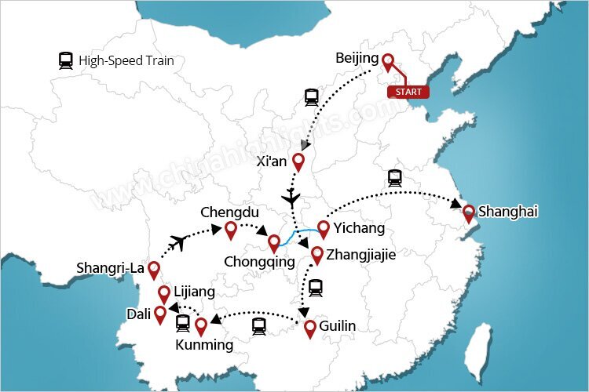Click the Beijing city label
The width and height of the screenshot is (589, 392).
(357, 59)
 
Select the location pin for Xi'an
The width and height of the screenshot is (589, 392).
(298, 162)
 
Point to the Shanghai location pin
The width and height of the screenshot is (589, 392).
(469, 212)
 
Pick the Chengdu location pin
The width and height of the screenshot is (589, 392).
(231, 230)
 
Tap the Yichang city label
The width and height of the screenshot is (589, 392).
(359, 228)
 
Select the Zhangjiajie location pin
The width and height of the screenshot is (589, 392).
(317, 255)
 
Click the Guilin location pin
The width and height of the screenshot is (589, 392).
(310, 328)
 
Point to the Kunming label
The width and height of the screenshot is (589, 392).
(204, 345)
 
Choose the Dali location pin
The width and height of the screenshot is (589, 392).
(160, 314)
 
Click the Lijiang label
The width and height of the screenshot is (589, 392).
(194, 292)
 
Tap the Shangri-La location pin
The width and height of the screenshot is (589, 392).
(154, 270)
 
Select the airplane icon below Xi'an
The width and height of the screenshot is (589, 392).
(292, 195)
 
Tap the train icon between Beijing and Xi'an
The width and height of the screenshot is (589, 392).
(312, 97)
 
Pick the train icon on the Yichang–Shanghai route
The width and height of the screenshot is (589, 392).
(394, 177)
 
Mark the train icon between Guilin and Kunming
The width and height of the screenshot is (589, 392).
(259, 325)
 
